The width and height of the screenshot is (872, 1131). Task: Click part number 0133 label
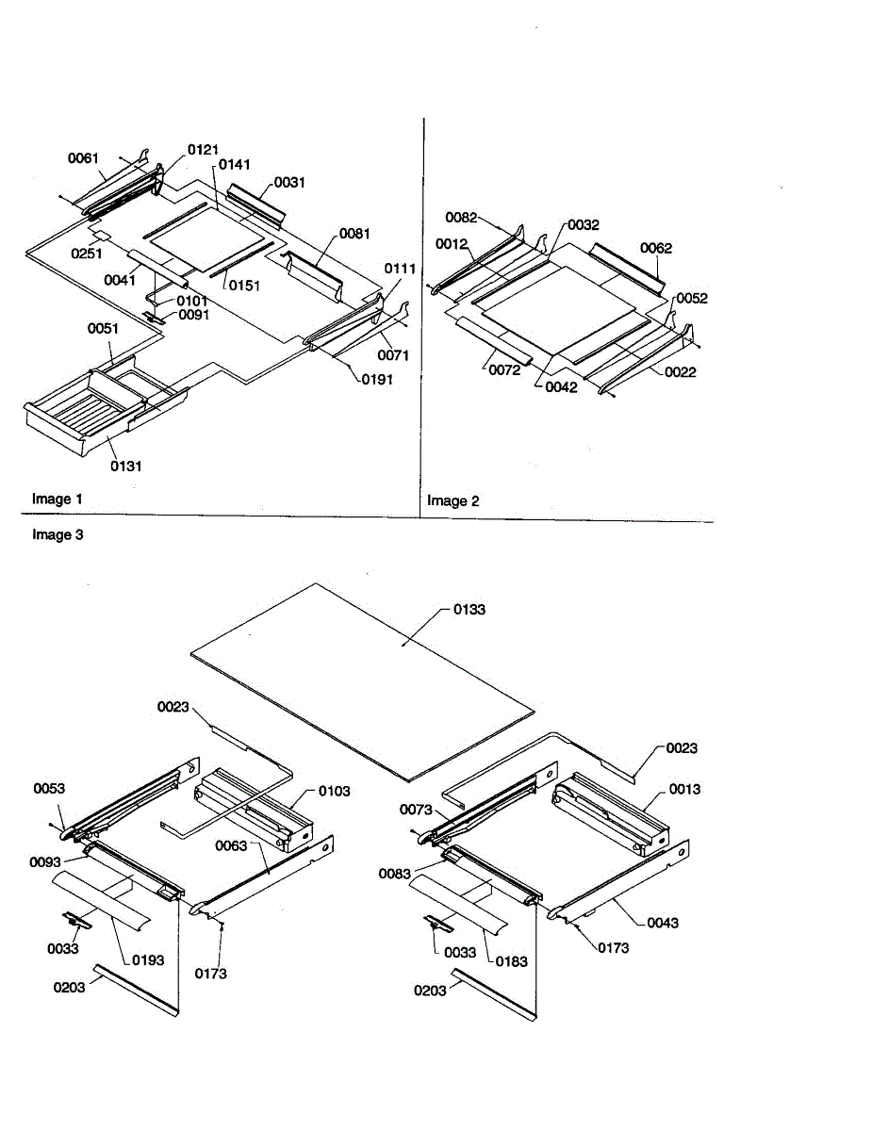click(x=469, y=610)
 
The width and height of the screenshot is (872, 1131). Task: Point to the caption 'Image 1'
click(x=58, y=499)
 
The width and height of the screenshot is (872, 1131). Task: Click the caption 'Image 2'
click(x=452, y=500)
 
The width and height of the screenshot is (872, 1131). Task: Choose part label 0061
click(x=83, y=158)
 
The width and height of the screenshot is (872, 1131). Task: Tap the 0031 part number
click(x=289, y=182)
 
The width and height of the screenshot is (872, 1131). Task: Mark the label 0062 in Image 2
click(x=656, y=248)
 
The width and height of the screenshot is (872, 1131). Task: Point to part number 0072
click(x=504, y=370)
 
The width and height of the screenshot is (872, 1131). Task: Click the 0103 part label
click(x=334, y=791)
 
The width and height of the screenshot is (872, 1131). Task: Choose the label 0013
click(x=684, y=789)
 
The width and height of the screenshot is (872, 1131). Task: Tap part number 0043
click(x=663, y=923)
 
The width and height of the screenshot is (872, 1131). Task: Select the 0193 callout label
click(x=147, y=960)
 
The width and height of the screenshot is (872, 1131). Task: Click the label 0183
click(x=511, y=961)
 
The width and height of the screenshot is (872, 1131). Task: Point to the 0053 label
click(x=49, y=788)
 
